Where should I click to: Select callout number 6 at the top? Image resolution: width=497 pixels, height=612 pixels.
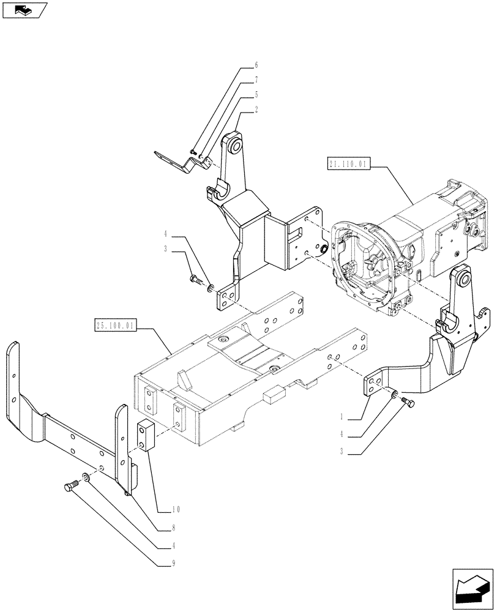click(x=256, y=65)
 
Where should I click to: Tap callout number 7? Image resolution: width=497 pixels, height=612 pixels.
click(x=256, y=80)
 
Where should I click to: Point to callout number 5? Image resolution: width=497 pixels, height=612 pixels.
click(x=256, y=95)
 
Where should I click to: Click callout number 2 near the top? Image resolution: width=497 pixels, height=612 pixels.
click(x=256, y=111)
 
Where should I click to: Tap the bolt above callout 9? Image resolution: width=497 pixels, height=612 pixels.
click(x=69, y=487)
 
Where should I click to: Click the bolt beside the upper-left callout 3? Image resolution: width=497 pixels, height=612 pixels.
click(x=195, y=280)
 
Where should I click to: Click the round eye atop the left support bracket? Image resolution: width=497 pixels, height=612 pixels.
click(x=234, y=145)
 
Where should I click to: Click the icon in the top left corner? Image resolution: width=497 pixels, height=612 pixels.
click(x=25, y=10)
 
